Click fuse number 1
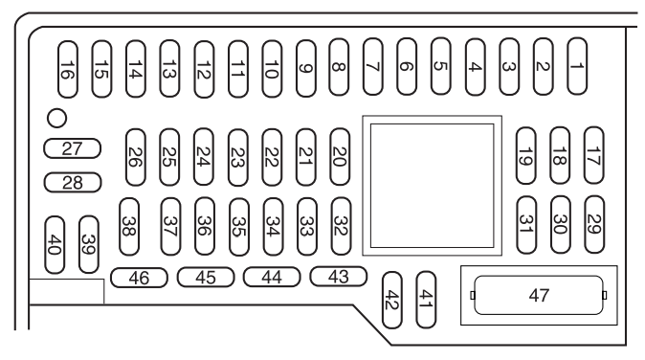click(577, 66)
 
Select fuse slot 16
click(68, 70)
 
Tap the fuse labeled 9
click(306, 68)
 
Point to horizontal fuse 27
click(73, 148)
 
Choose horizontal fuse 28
click(73, 183)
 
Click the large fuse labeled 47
click(539, 296)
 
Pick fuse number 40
click(55, 245)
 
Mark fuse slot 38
click(129, 227)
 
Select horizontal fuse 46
click(139, 278)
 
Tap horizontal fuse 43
click(338, 277)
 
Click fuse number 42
click(392, 300)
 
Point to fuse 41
click(426, 300)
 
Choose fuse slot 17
click(593, 155)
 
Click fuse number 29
click(594, 224)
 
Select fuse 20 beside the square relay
click(340, 157)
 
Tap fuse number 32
click(341, 226)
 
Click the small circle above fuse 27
click(56, 119)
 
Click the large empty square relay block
click(432, 186)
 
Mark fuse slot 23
click(238, 158)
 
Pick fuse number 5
click(440, 66)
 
